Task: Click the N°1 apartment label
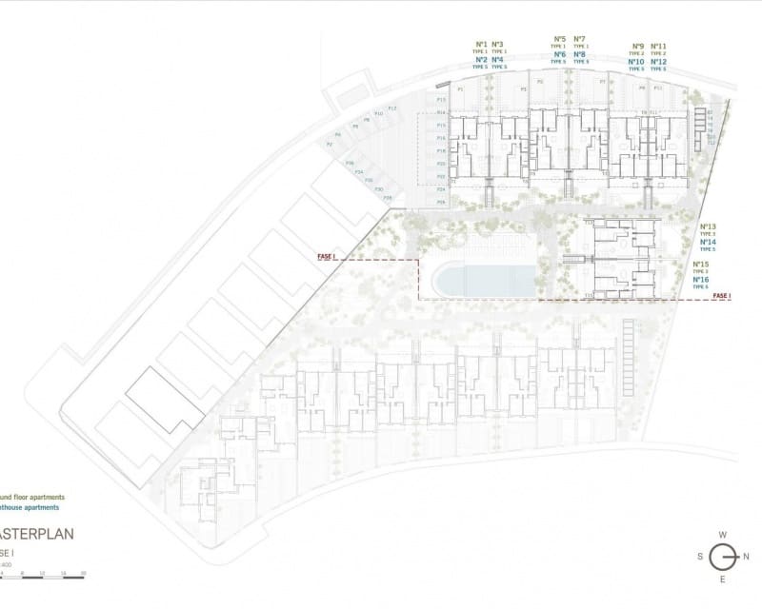(481, 44)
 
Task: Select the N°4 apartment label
(498, 60)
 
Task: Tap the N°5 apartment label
(559, 39)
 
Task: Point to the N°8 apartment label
(580, 55)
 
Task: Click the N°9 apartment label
(637, 46)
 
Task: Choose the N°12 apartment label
(658, 62)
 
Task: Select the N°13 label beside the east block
(707, 227)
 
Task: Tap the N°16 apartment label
(701, 280)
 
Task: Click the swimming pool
(484, 280)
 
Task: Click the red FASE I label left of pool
(328, 256)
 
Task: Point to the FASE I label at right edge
(722, 297)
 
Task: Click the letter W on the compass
(723, 535)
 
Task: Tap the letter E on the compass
(723, 580)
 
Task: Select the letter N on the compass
(747, 557)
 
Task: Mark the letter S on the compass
(700, 557)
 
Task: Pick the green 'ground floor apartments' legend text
(32, 497)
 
